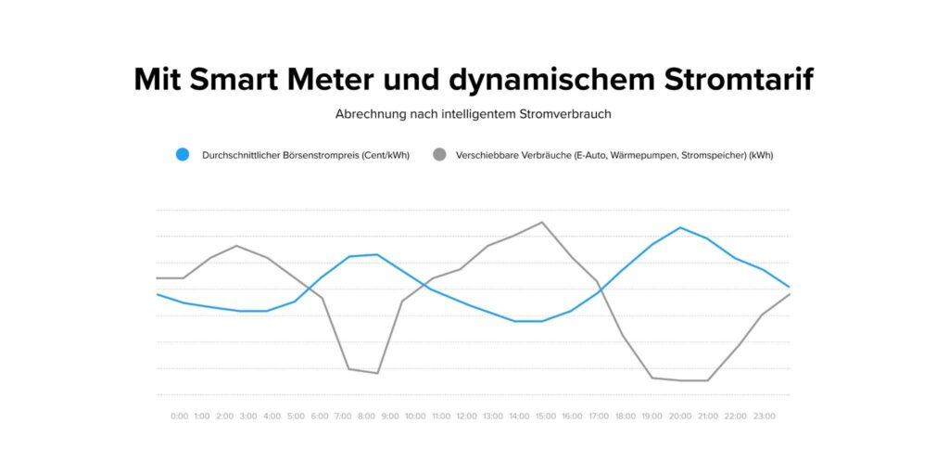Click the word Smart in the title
point(230,79)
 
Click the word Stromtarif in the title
point(739,79)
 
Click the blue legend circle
point(183,155)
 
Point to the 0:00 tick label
point(179,417)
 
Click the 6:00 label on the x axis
point(320,417)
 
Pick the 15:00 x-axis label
point(545,417)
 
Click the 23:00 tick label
point(764,417)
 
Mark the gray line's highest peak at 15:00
point(542,223)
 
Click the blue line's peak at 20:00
point(681,227)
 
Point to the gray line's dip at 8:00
point(377,373)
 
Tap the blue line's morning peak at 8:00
point(377,254)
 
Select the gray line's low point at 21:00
point(708,380)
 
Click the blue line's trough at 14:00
point(515,321)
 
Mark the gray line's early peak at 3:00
point(238,246)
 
